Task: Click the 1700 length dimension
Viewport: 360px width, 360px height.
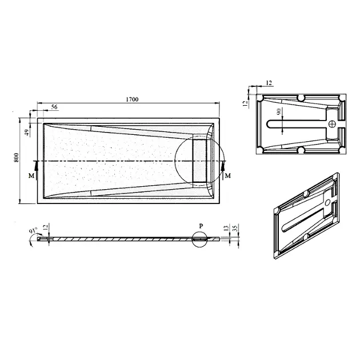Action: point(132,99)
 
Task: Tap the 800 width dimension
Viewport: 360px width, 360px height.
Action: point(17,158)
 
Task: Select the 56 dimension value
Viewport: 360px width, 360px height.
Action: point(54,107)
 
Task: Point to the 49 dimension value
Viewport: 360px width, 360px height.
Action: point(27,133)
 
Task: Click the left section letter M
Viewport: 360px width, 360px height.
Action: point(31,175)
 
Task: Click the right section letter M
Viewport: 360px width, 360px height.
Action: point(227,175)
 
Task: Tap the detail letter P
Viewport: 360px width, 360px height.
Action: point(201,226)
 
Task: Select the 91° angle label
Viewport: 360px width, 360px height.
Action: point(34,230)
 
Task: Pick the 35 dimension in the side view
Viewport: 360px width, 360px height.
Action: point(235,228)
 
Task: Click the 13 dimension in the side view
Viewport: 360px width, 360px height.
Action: point(226,228)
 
